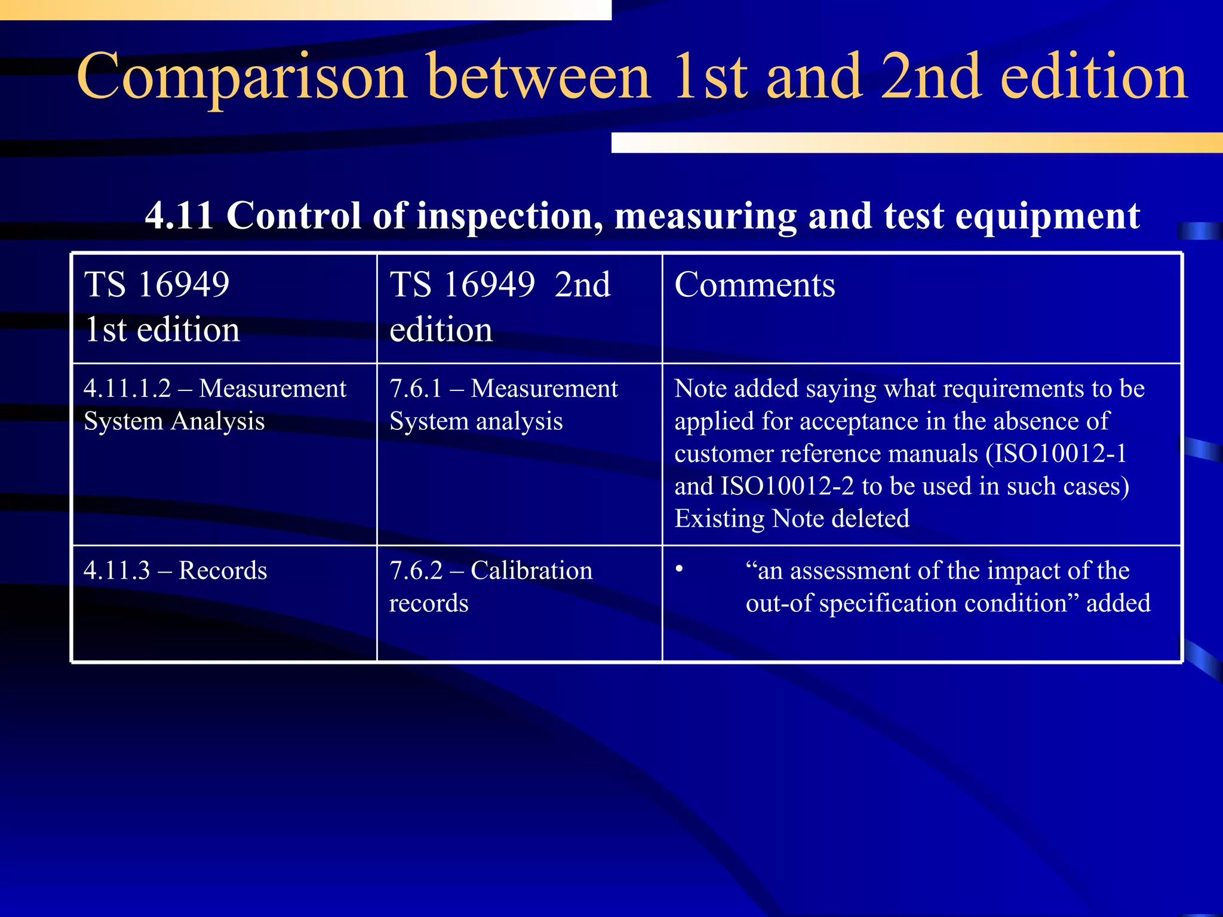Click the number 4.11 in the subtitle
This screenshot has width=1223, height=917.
pyautogui.click(x=179, y=216)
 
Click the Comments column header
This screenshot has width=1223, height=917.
pyautogui.click(x=754, y=285)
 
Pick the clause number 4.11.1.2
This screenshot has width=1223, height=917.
pyautogui.click(x=127, y=389)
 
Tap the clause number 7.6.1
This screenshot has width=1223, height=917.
pyautogui.click(x=416, y=389)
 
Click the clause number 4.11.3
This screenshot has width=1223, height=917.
pyautogui.click(x=116, y=571)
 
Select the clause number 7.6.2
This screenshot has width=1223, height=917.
pyautogui.click(x=416, y=571)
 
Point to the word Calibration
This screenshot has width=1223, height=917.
pyautogui.click(x=531, y=571)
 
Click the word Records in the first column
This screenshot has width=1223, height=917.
pyautogui.click(x=223, y=571)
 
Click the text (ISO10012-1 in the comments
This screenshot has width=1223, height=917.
pyautogui.click(x=1055, y=454)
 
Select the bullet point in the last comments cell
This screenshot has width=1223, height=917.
pyautogui.click(x=679, y=569)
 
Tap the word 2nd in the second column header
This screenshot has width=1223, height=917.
pyautogui.click(x=582, y=285)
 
